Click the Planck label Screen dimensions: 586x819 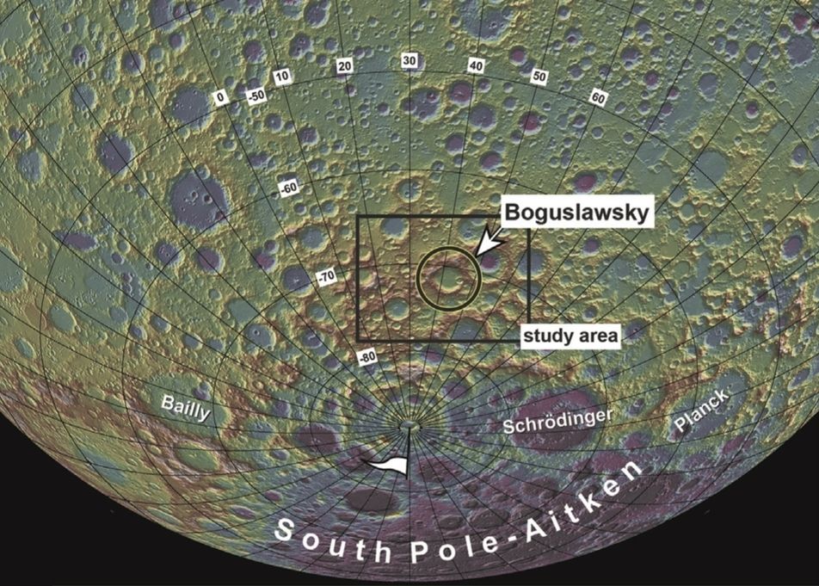(702, 411)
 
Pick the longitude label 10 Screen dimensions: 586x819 (281, 77)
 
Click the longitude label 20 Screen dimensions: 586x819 (346, 66)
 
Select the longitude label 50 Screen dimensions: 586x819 (539, 77)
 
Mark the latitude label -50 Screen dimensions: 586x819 (255, 95)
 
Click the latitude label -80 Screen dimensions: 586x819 (367, 356)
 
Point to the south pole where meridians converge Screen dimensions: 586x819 (410, 424)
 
